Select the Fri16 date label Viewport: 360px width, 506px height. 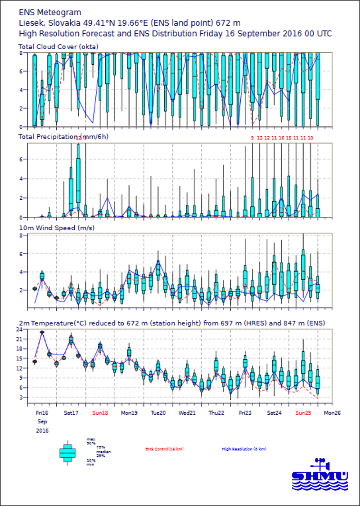click(42, 412)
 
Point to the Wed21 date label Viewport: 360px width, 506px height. click(186, 412)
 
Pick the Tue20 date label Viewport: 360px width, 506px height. click(158, 412)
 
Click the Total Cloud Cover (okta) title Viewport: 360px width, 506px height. click(58, 46)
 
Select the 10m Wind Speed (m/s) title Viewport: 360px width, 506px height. click(56, 228)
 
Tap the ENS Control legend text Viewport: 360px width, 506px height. click(164, 449)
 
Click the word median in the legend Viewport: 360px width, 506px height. click(104, 452)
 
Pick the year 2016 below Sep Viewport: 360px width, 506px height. click(42, 430)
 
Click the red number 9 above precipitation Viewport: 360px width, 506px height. click(252, 138)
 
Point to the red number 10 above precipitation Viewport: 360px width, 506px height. click(310, 138)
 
